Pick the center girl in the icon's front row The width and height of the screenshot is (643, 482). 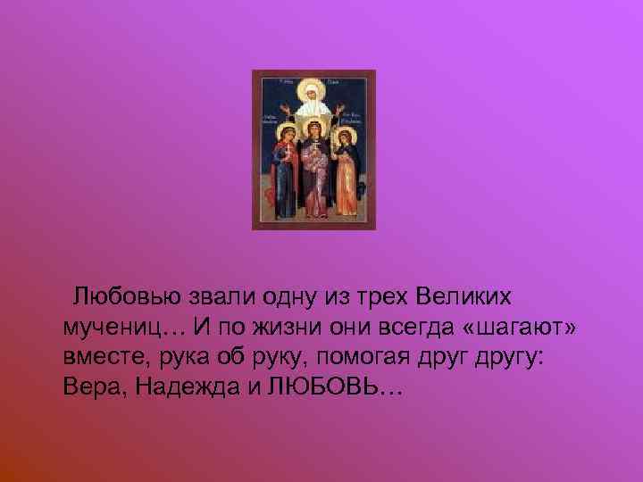[x=314, y=174]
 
